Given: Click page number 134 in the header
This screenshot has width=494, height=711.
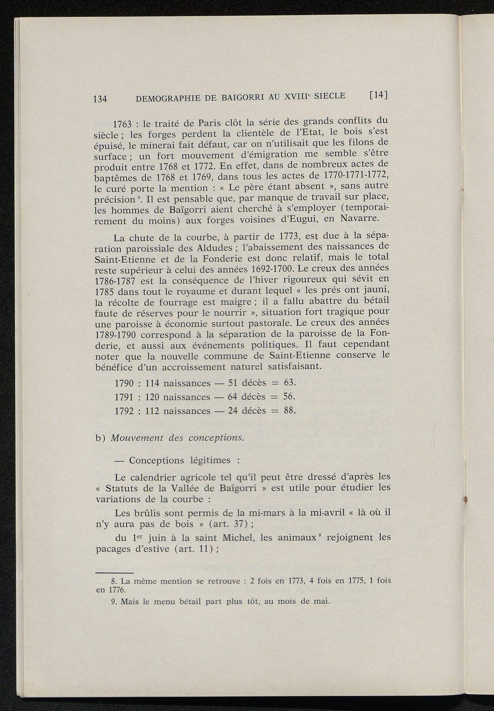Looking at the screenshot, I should tap(99, 99).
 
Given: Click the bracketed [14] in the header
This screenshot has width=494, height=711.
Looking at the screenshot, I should tap(378, 95).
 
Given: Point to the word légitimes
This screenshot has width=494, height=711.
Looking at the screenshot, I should tap(209, 461).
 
